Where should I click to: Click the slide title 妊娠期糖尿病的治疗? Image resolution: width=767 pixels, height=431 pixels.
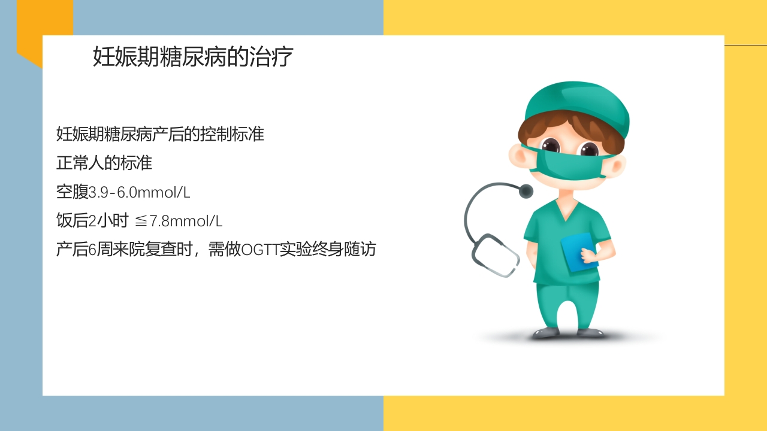(x=193, y=57)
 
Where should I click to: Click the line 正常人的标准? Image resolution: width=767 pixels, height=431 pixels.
(x=104, y=163)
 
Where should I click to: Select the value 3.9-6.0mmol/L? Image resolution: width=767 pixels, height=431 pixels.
(x=140, y=192)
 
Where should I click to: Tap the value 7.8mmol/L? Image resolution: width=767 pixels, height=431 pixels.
(x=186, y=221)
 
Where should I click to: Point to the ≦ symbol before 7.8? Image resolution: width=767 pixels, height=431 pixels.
(x=141, y=221)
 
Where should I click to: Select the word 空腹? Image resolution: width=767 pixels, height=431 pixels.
(x=72, y=192)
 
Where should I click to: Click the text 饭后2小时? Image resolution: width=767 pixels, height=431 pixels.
(x=92, y=221)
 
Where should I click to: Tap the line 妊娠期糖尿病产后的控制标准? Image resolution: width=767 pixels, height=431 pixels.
(x=160, y=134)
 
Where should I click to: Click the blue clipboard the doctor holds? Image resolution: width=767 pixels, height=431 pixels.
(x=579, y=251)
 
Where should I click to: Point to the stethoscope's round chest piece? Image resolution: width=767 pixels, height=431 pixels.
(x=496, y=254)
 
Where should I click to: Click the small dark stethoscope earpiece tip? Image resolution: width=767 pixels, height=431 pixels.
(x=526, y=191)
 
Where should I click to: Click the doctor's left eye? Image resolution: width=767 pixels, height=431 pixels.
(x=550, y=145)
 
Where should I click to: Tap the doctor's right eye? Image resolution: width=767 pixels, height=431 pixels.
(x=589, y=149)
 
